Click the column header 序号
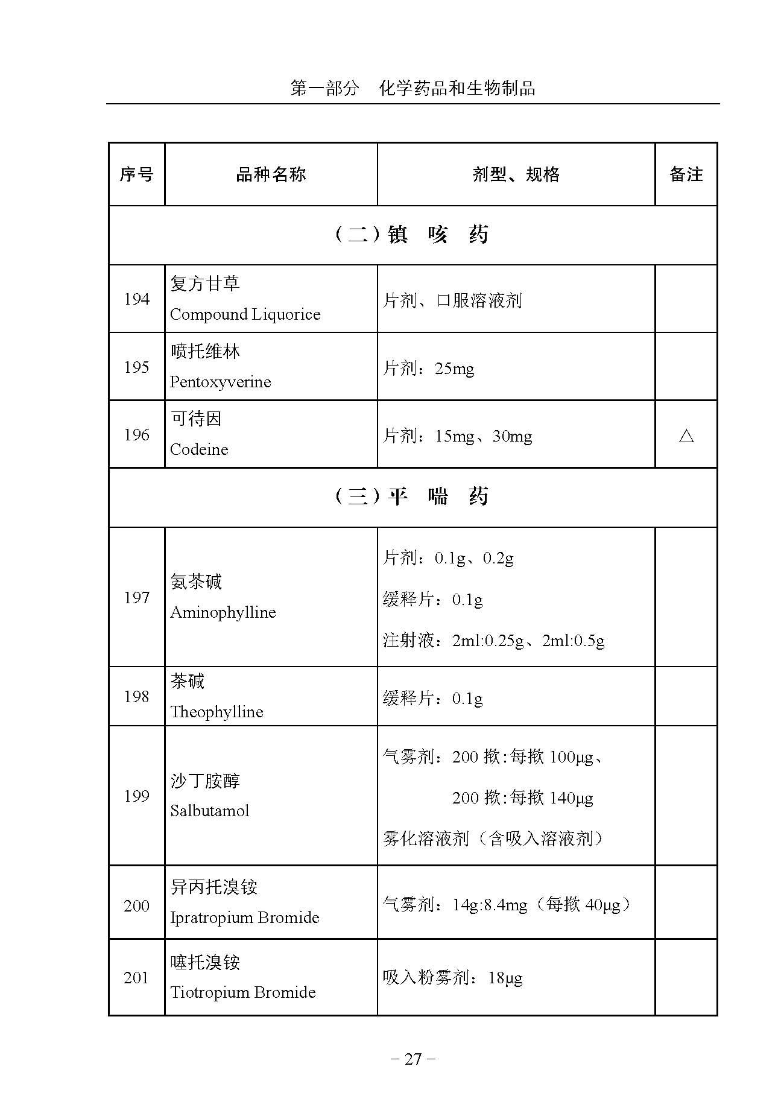(136, 175)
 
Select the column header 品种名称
(271, 175)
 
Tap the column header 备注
(686, 175)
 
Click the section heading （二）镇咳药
(412, 235)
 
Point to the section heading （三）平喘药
(412, 497)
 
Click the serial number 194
(136, 299)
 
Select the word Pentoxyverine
(220, 382)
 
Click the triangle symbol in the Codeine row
(686, 436)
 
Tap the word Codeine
(199, 449)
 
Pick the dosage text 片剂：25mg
(429, 368)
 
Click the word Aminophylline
(223, 612)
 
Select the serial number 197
(136, 598)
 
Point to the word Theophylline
(217, 712)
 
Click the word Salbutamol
(209, 811)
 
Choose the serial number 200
(136, 905)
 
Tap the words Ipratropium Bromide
(244, 918)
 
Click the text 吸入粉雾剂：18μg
(452, 977)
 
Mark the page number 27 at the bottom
(413, 1059)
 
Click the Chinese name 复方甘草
(205, 284)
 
